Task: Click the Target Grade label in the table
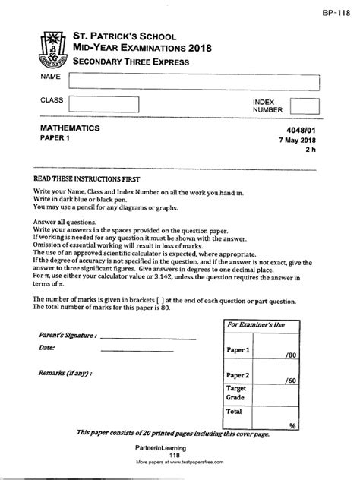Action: click(x=235, y=391)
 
